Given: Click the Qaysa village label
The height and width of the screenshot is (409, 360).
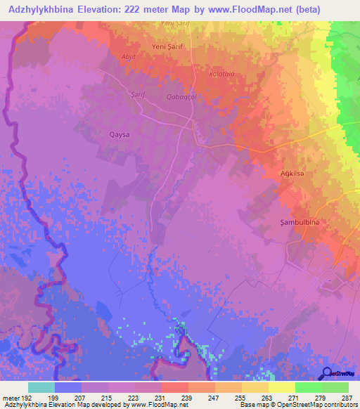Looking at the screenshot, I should [120, 134].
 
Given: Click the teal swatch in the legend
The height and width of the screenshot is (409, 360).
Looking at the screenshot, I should [41, 387].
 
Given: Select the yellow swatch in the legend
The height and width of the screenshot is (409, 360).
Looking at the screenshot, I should [281, 387].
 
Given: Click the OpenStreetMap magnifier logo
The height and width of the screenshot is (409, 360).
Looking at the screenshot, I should [327, 374].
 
